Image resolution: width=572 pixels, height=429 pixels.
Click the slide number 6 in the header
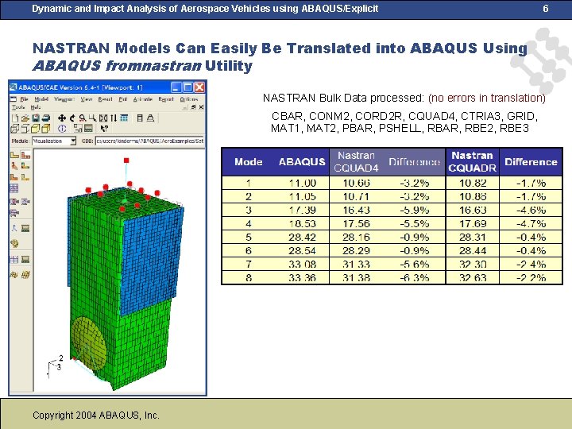click(545, 8)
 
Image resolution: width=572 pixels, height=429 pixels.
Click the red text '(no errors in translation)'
click(486, 98)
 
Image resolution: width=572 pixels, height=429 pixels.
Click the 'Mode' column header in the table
click(249, 162)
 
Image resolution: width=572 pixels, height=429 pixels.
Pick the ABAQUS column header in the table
click(302, 162)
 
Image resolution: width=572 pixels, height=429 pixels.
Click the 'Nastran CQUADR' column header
click(472, 161)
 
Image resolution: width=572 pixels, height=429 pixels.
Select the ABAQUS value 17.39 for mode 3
click(302, 210)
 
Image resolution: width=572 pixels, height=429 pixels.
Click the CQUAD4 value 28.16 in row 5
click(356, 237)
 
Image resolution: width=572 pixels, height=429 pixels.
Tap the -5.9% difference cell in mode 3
click(414, 210)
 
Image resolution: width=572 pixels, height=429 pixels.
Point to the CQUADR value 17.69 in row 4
click(473, 223)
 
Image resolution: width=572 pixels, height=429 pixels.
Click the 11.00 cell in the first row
click(302, 183)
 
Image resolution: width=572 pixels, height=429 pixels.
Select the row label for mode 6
click(249, 250)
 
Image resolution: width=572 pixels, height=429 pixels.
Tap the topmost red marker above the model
click(126, 160)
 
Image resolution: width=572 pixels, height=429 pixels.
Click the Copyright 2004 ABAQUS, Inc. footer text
click(96, 415)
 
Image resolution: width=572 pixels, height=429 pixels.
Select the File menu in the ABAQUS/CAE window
click(24, 99)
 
